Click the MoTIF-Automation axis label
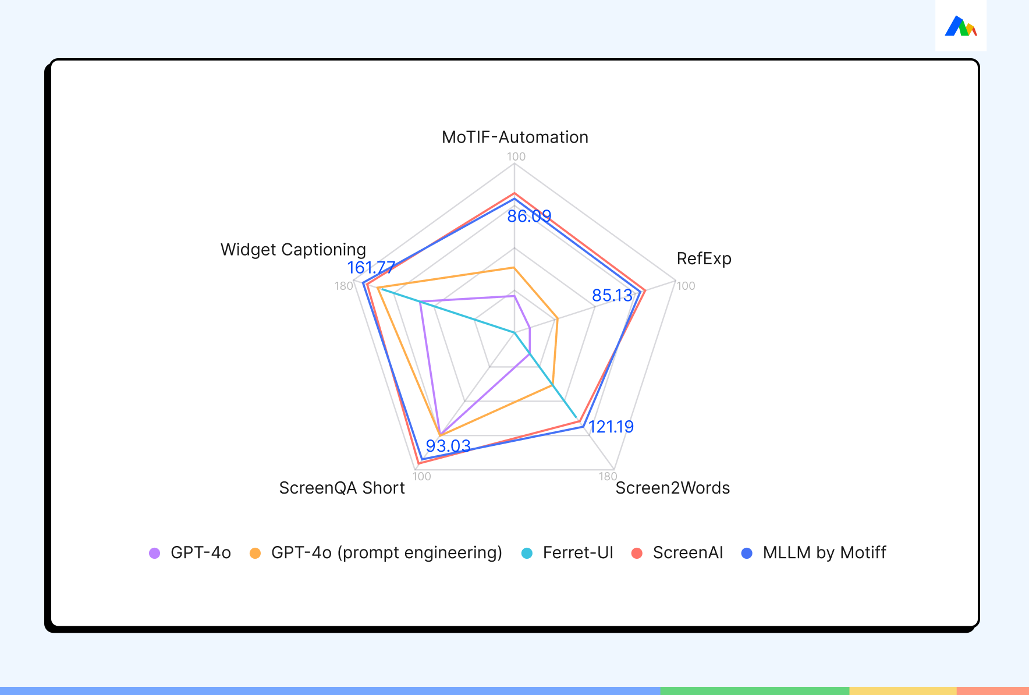515,137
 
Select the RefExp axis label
704,259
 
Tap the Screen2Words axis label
673,488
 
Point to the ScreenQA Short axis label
342,488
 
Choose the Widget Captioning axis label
293,250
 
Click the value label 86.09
529,217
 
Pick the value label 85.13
612,296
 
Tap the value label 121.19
611,427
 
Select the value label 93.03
448,446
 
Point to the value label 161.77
371,268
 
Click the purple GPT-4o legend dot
155,553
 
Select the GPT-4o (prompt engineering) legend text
386,553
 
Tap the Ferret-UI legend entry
567,553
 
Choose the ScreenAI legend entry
677,553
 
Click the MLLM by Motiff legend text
824,553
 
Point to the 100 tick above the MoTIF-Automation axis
516,157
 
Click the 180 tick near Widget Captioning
344,286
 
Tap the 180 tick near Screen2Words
608,477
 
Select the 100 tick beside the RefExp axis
686,286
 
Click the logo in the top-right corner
961,26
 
